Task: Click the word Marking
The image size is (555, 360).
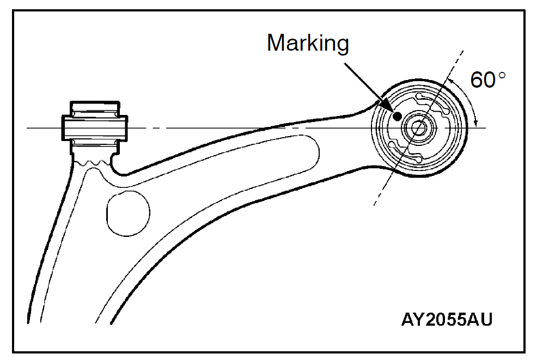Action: click(308, 43)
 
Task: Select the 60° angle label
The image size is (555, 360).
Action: click(488, 81)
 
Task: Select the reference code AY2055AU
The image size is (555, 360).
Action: click(447, 319)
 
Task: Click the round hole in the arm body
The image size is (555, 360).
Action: click(128, 212)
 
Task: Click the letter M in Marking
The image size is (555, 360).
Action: click(276, 43)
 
